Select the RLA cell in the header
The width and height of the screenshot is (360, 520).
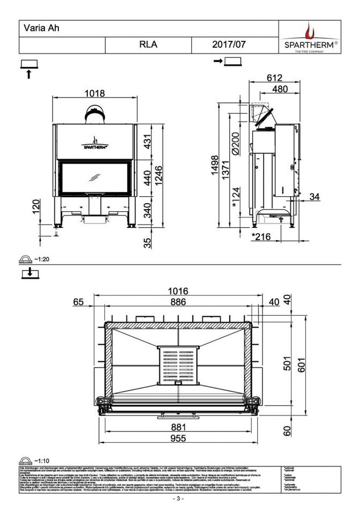[147, 45]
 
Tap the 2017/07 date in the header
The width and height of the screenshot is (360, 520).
[229, 45]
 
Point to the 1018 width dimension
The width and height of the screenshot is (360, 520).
[95, 93]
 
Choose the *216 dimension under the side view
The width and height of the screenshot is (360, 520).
[261, 236]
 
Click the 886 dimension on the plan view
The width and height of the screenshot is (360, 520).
[178, 302]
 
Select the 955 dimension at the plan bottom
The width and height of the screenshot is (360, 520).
[178, 438]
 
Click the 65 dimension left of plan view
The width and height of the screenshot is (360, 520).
[79, 302]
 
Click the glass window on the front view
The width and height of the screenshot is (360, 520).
[94, 178]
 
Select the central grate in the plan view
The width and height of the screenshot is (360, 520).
[178, 366]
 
